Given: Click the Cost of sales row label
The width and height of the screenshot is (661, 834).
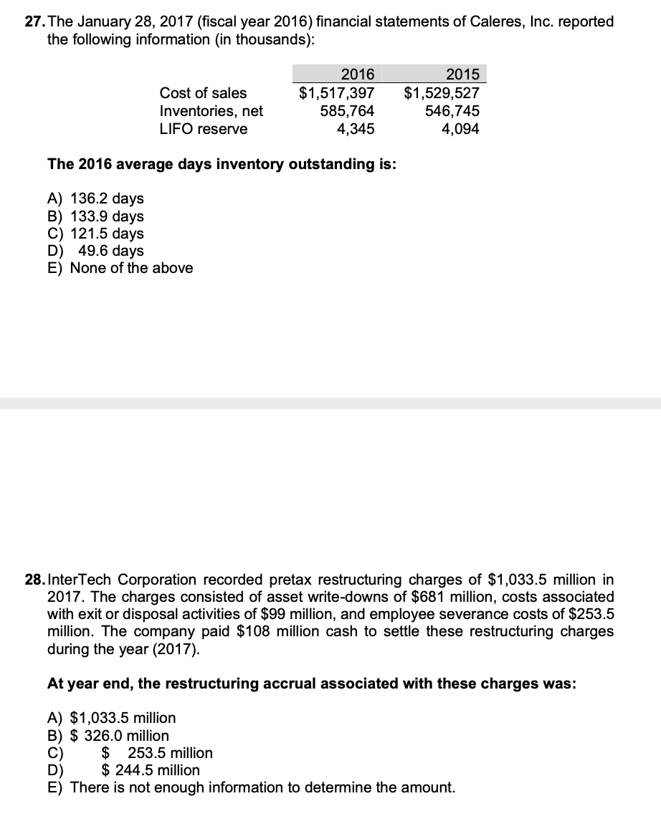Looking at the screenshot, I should tap(203, 93).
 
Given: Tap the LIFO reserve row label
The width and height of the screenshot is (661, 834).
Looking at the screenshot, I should tap(204, 129).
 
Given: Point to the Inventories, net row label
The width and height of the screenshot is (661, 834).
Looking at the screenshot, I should tap(211, 111).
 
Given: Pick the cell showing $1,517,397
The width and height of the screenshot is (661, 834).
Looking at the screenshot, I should tap(337, 93).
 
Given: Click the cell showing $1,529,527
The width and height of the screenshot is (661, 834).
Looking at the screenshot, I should tap(442, 93).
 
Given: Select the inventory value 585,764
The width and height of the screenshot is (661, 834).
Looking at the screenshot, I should tap(347, 111).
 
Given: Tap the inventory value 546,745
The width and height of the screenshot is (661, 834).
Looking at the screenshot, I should tap(452, 111).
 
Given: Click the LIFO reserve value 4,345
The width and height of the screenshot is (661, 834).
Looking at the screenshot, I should tap(356, 129).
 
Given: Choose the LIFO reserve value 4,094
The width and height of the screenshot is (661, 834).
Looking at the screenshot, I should tap(461, 129).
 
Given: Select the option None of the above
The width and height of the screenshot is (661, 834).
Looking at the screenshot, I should tap(120, 268).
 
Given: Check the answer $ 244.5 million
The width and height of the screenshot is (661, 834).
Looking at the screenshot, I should tap(151, 770).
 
